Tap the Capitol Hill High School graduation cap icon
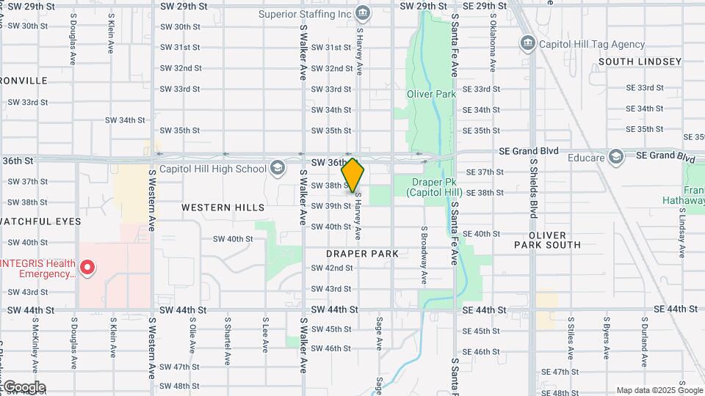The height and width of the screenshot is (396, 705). (x=277, y=169)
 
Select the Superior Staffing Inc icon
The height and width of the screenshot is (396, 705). (x=362, y=13)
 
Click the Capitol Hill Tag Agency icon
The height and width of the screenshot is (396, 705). (x=527, y=43)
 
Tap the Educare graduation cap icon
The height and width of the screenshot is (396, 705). (x=615, y=157)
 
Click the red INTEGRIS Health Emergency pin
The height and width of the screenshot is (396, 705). (x=87, y=268)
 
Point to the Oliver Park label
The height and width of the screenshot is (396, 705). (x=431, y=94)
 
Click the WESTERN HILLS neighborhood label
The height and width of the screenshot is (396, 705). (x=223, y=208)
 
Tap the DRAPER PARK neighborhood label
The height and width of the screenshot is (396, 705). (x=362, y=254)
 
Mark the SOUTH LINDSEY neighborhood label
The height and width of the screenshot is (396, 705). (x=640, y=62)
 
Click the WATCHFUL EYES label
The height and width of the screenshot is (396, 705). (x=40, y=221)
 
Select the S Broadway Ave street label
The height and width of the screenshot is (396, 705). (x=424, y=256)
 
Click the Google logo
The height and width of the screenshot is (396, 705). (x=23, y=387)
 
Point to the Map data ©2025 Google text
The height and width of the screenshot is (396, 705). (x=659, y=390)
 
